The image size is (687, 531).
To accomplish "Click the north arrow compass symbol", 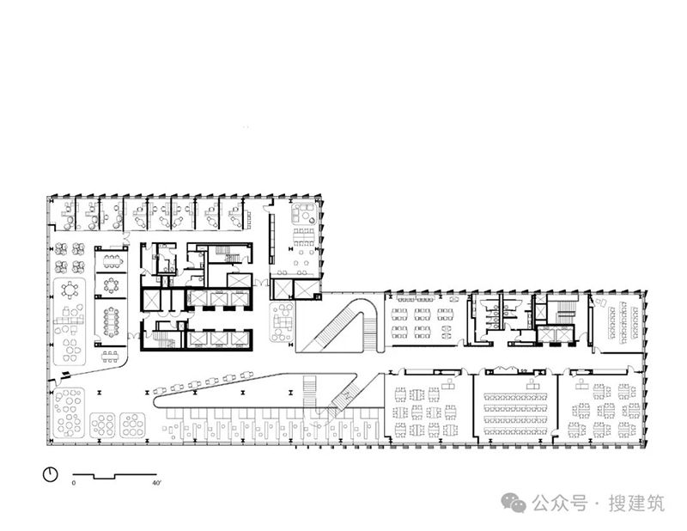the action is (51, 474).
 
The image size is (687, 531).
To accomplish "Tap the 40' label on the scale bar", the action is (156, 483).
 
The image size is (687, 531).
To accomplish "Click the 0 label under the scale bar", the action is (74, 483).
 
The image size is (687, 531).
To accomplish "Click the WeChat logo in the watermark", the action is (514, 503).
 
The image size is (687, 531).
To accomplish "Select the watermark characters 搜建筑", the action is (636, 504).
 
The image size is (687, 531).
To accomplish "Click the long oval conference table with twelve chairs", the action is (112, 322).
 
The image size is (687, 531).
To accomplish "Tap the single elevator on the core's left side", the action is (150, 300).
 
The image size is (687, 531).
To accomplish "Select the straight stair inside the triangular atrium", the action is (310, 391).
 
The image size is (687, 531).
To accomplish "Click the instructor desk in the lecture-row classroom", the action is (533, 385).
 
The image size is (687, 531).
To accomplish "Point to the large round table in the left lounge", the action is (70, 290).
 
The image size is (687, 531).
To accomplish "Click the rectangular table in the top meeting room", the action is (112, 261).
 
